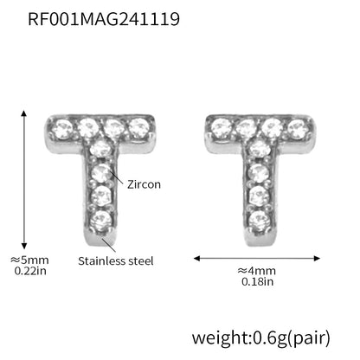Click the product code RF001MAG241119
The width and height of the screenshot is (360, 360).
tap(104, 19)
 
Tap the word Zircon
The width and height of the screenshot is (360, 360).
tap(144, 184)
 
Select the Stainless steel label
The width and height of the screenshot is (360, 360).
tap(116, 261)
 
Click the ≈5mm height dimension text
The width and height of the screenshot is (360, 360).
tap(29, 260)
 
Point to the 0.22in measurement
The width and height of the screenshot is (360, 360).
tap(30, 271)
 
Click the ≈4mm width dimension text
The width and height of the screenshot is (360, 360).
tap(257, 271)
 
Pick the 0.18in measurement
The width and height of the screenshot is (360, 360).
tap(257, 281)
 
